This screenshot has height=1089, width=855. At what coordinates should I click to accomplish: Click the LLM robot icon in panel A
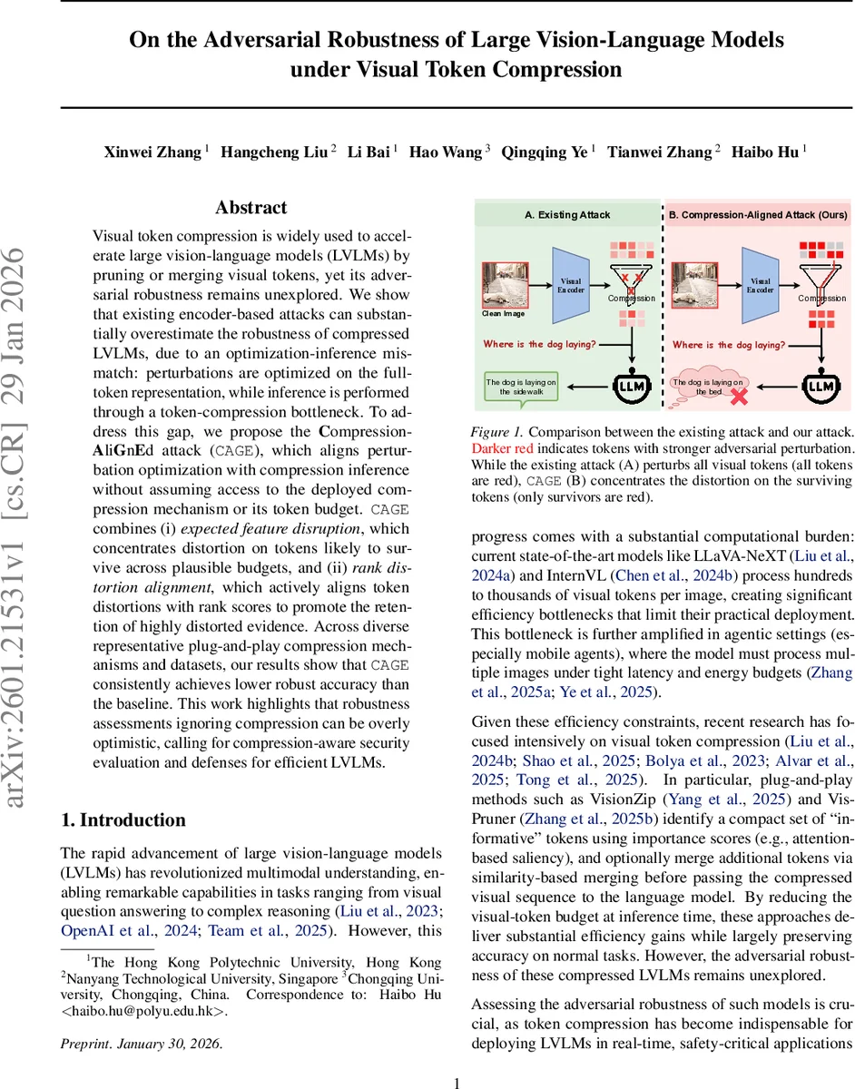coord(627,386)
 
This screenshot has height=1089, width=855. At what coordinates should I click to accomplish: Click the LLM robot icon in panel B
coord(819,386)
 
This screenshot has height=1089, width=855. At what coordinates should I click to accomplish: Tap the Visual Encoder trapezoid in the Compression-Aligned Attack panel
coord(760,288)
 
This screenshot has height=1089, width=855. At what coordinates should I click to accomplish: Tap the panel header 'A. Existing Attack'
coord(568,215)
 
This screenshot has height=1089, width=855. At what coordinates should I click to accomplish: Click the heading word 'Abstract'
coord(251,208)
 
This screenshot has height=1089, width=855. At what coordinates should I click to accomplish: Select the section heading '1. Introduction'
coord(123,820)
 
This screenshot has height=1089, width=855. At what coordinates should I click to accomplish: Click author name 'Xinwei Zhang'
coord(152,152)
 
